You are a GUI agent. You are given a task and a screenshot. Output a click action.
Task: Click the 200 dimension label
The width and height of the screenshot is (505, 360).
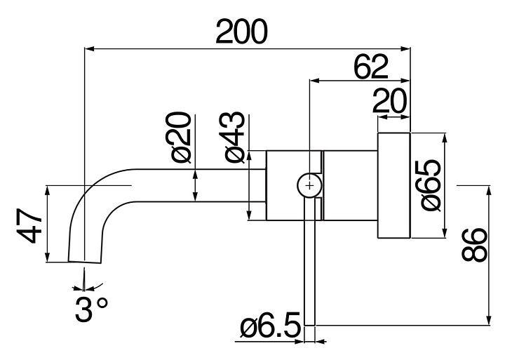pos(241,31)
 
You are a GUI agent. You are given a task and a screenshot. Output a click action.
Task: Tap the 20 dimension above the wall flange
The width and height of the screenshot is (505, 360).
pos(391,102)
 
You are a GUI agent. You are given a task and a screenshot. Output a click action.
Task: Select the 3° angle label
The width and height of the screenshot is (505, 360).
pos(92,309)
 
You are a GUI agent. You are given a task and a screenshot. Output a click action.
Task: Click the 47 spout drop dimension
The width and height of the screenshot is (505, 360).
pos(29,224)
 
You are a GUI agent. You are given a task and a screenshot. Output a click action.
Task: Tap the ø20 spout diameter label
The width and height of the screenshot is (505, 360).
pos(180,136)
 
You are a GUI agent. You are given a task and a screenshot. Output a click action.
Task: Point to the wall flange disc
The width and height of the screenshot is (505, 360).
pos(393,185)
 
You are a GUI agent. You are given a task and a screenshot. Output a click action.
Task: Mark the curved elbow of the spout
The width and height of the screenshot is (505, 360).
pos(95,193)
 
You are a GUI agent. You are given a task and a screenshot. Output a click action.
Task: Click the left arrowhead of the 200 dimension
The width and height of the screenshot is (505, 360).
pos(88,48)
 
